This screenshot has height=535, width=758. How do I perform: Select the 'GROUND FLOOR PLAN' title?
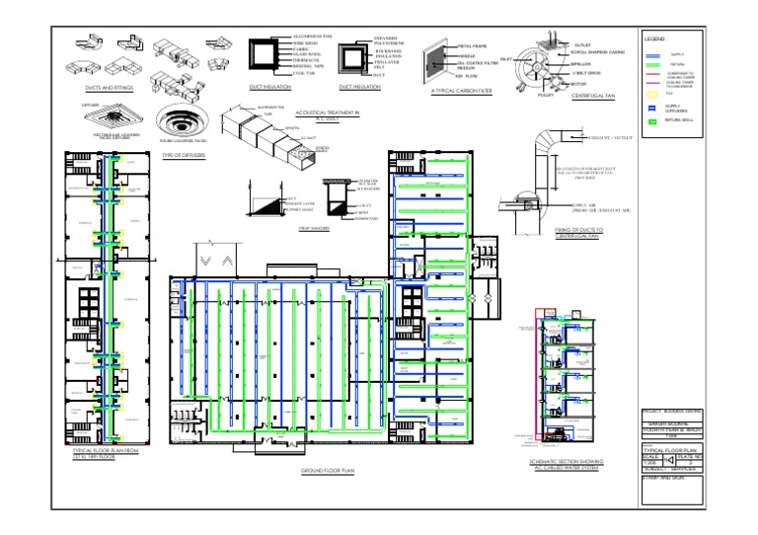(327, 471)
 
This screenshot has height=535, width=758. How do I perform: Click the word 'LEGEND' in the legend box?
(655, 38)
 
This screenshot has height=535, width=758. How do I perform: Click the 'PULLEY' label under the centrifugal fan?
(545, 96)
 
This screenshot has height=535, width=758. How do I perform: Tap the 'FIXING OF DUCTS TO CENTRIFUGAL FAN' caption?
(578, 232)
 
